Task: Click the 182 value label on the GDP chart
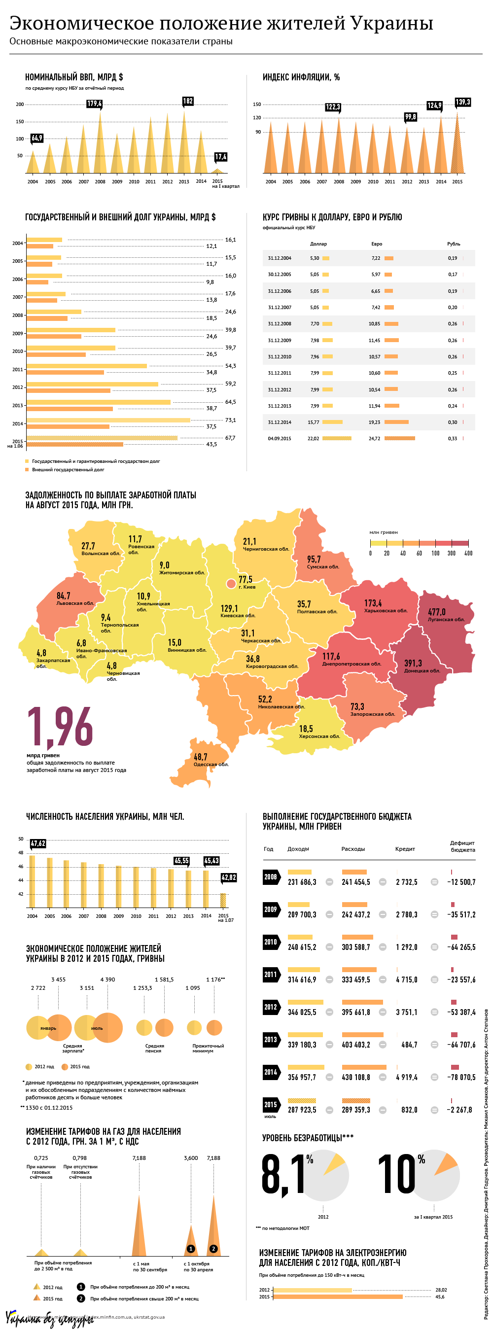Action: click(x=188, y=101)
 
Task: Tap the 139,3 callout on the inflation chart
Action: click(x=462, y=103)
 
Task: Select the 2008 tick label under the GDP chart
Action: click(x=100, y=182)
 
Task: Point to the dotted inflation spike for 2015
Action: click(x=457, y=150)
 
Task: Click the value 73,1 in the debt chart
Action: click(x=231, y=420)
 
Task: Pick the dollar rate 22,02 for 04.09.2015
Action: click(x=313, y=439)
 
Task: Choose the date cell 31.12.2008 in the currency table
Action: click(x=279, y=323)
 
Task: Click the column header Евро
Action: click(x=377, y=244)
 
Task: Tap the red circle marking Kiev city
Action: click(x=231, y=584)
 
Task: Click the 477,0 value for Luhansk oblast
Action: click(x=437, y=612)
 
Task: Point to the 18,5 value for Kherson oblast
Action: click(x=306, y=729)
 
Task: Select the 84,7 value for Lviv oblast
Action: click(x=63, y=596)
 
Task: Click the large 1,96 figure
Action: click(x=60, y=728)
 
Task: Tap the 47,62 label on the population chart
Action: click(x=38, y=844)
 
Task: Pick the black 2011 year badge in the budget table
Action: click(x=271, y=975)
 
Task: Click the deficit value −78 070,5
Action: click(x=461, y=1077)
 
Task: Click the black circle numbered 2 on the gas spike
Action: click(x=213, y=1249)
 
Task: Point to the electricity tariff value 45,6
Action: click(x=440, y=1296)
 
